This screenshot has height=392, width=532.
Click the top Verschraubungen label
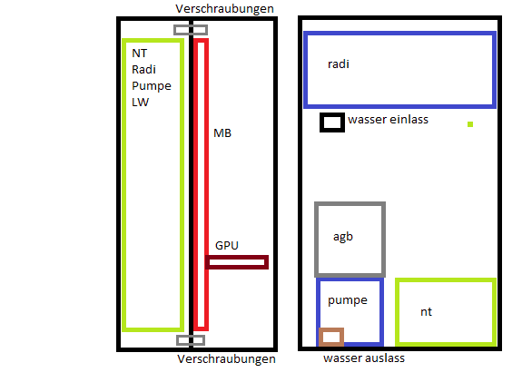[x=224, y=9]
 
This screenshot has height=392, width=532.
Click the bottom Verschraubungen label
[x=226, y=359]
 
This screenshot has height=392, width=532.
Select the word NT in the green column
[x=140, y=54]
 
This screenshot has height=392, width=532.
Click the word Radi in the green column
[x=143, y=70]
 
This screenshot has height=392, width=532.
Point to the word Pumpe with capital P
[x=152, y=86]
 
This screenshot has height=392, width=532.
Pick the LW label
[x=140, y=102]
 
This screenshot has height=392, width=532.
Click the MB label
[x=222, y=132]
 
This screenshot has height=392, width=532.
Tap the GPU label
[x=227, y=245]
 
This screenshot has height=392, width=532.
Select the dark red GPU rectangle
[x=237, y=257]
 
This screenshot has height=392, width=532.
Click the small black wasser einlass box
[x=332, y=114]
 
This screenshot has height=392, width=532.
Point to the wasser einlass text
[x=389, y=120]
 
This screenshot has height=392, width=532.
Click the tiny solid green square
[x=470, y=124]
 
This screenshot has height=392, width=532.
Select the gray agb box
[x=316, y=240]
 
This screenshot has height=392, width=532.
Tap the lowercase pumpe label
[x=348, y=300]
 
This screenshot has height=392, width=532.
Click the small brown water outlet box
[x=331, y=329]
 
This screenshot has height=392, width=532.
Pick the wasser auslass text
[x=364, y=358]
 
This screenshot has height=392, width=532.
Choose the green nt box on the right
[x=397, y=312]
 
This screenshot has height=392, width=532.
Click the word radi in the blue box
[x=339, y=64]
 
